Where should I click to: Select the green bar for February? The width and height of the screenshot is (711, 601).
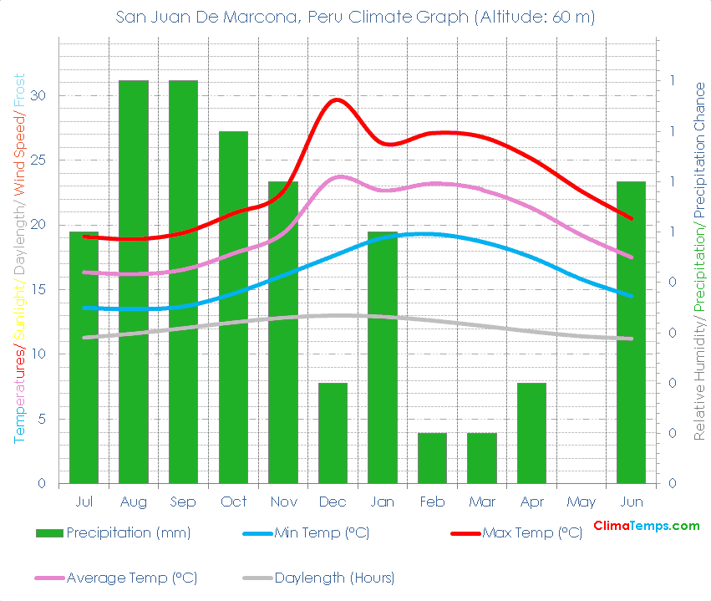[x=432, y=458]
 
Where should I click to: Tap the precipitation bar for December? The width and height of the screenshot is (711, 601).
[x=333, y=433]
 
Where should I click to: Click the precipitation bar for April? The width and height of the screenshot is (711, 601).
[x=531, y=433]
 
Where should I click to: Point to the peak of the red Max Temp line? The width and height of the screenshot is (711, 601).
[x=337, y=99]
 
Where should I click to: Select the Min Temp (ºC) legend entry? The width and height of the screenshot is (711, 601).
[x=321, y=532]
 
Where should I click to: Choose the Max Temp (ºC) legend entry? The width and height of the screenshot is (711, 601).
[x=531, y=532]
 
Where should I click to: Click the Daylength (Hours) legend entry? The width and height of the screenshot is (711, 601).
[x=333, y=578]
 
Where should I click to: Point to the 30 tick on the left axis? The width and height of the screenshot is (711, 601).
[x=38, y=95]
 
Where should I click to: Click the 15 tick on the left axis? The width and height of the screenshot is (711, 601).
[x=38, y=289]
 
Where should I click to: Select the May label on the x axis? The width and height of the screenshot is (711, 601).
[x=581, y=502]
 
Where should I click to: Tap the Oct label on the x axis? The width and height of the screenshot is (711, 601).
[x=233, y=502]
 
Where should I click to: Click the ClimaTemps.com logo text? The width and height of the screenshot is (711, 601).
[x=646, y=526]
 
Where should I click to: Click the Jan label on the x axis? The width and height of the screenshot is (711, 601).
[x=382, y=502]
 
